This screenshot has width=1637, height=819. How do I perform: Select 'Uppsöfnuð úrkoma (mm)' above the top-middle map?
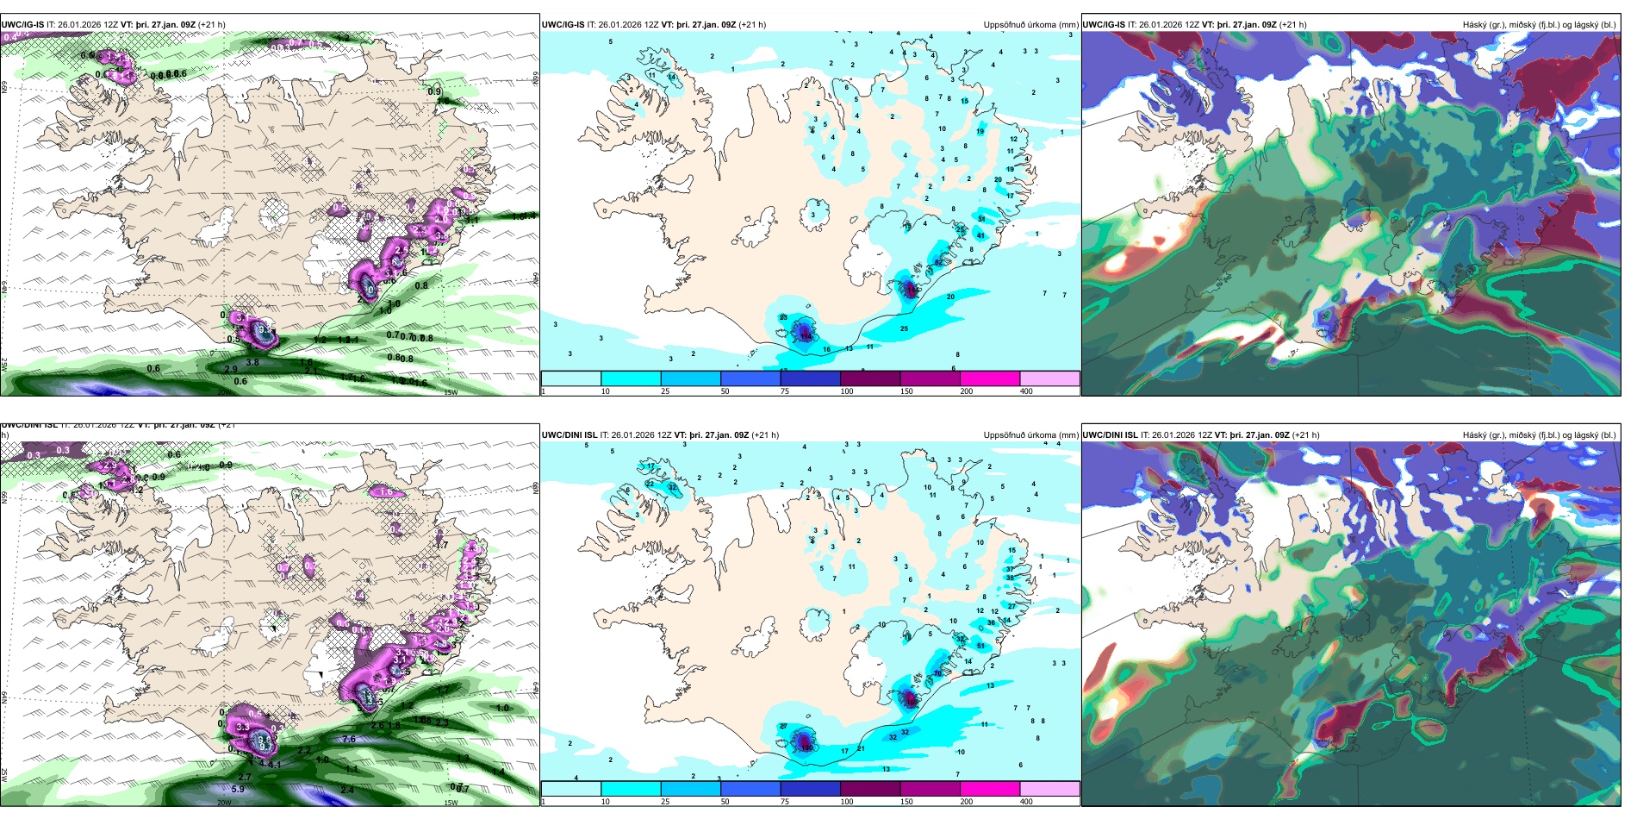(x=1030, y=25)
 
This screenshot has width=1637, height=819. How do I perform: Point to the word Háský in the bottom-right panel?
(x=1476, y=435)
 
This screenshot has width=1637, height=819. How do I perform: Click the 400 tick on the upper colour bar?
(x=1026, y=391)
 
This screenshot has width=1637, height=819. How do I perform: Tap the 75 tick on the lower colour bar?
(x=785, y=802)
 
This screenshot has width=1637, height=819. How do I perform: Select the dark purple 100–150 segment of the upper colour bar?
(x=870, y=378)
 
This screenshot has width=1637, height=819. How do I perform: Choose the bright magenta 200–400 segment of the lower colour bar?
(x=990, y=789)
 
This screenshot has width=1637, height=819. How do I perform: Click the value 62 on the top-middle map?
(x=938, y=262)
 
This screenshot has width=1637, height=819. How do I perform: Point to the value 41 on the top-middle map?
(x=980, y=235)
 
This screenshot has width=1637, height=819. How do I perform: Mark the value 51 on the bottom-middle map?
(x=980, y=646)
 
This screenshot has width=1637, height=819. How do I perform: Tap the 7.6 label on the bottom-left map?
(x=349, y=739)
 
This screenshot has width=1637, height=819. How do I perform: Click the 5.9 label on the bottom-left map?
(x=238, y=789)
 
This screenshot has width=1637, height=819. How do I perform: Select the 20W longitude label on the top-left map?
(x=224, y=392)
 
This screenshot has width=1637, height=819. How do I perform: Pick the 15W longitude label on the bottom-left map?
(x=451, y=803)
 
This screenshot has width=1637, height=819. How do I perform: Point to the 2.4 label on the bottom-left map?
(x=347, y=790)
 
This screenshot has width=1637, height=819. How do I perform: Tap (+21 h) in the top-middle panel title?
(x=752, y=25)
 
